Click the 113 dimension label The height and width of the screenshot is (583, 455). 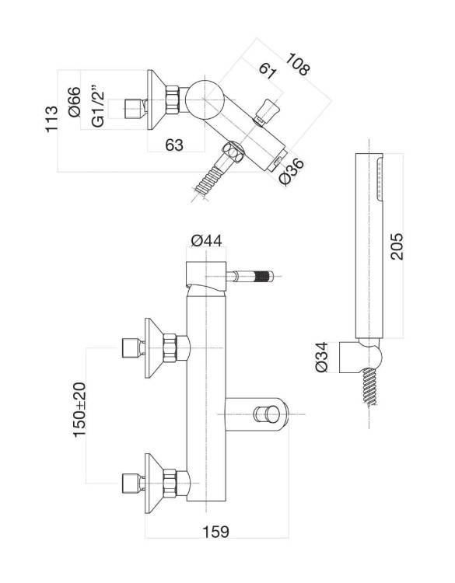51,119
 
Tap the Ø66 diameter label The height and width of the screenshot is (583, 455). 75,102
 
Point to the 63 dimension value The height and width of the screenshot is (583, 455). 174,145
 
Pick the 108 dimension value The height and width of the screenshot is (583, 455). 298,64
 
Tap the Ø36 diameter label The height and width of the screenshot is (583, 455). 292,172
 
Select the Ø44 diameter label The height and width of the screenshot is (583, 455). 206,241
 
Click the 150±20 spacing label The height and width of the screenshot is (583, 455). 79,410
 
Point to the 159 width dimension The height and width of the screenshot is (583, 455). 215,532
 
